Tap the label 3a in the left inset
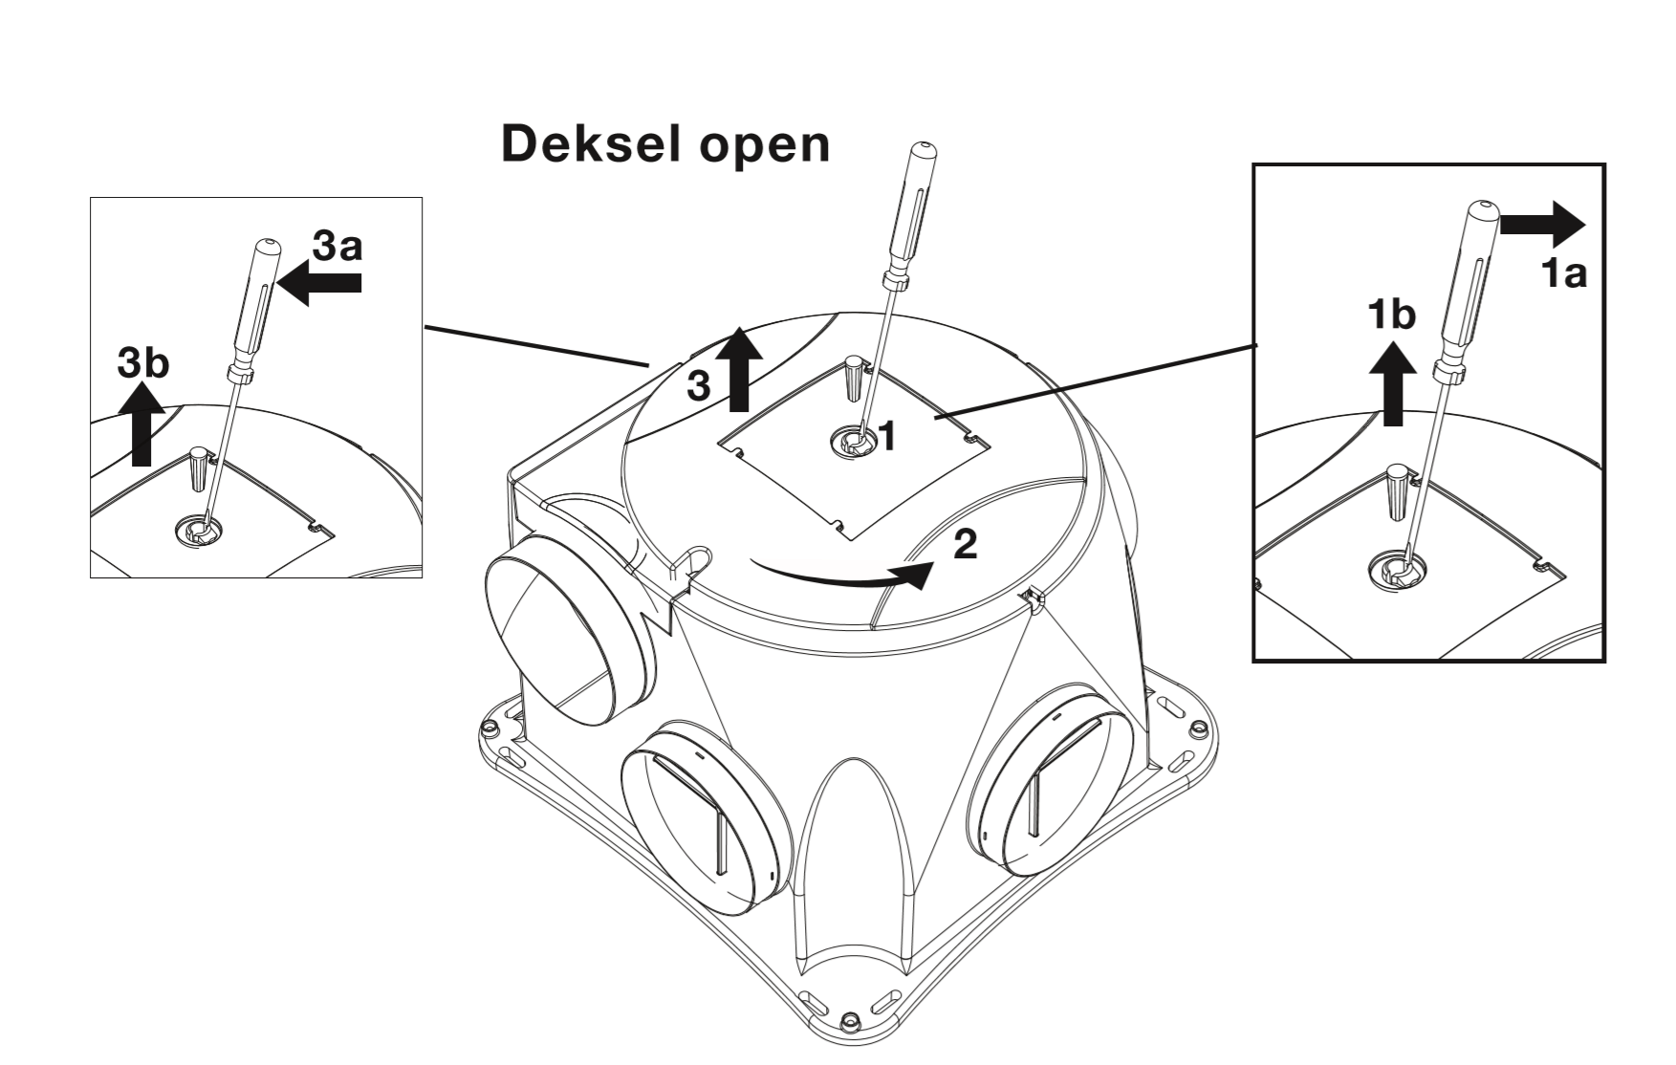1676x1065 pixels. click(x=337, y=247)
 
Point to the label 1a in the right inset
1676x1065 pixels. click(x=1563, y=274)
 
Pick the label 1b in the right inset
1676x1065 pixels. click(x=1391, y=314)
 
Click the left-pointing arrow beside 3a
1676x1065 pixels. click(x=320, y=283)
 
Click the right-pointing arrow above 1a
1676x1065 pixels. click(x=1542, y=224)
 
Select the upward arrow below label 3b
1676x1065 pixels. click(x=142, y=423)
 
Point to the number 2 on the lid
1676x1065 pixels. click(x=966, y=545)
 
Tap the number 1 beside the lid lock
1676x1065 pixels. click(x=887, y=436)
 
